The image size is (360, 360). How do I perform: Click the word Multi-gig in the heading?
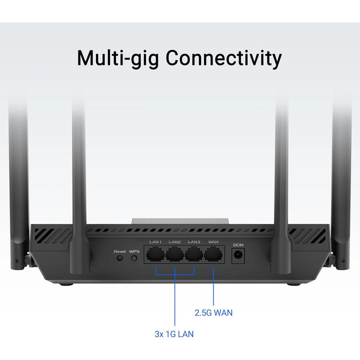[118, 58]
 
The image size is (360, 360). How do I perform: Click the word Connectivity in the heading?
[223, 58]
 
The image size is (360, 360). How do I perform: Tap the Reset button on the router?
[119, 258]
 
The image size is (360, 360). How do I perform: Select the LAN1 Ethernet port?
[155, 254]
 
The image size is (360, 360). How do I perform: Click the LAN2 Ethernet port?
[174, 254]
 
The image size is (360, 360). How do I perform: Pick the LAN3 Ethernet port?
[194, 254]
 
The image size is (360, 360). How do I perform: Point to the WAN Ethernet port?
[213, 254]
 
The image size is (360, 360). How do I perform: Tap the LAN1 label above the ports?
[155, 242]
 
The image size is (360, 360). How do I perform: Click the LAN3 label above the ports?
[194, 242]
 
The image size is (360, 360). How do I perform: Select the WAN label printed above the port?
[213, 242]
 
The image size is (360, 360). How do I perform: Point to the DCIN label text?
[238, 245]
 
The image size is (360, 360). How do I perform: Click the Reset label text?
[119, 251]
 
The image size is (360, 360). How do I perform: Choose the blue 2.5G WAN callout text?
[213, 312]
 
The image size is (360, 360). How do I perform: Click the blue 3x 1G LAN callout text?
[174, 334]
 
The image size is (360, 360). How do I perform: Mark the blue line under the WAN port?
[213, 286]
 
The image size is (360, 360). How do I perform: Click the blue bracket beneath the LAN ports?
[175, 274]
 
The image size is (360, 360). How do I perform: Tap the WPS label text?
[134, 251]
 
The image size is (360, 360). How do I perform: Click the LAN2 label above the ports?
[174, 242]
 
